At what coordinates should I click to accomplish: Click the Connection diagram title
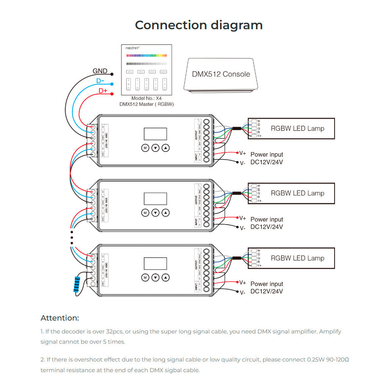pos(199,25)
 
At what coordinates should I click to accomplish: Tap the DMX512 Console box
pos(221,74)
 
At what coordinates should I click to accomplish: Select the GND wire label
pos(100,71)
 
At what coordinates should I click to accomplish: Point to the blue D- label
pos(101,81)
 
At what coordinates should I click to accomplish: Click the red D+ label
pos(103,91)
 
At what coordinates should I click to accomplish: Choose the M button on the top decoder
pos(145,148)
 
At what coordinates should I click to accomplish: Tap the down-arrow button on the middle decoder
pos(155,213)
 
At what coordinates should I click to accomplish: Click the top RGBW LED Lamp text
pos(297,128)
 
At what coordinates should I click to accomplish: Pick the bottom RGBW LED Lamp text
pos(297,258)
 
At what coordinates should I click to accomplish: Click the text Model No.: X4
pos(146,98)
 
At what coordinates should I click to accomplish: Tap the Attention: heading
pos(60,318)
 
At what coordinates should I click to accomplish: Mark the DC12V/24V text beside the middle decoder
pos(267,227)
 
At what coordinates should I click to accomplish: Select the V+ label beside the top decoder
pos(243,153)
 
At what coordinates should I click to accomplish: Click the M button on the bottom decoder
pos(145,278)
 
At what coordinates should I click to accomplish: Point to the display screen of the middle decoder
pos(155,199)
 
